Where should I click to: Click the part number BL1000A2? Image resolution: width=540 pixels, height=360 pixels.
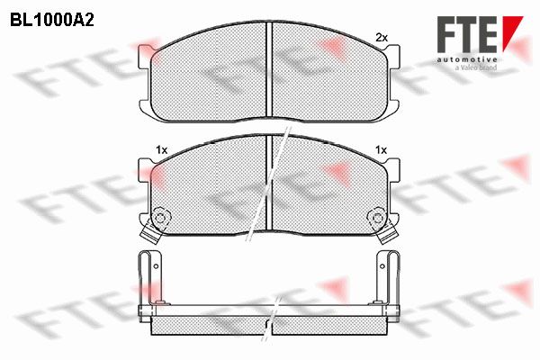click(x=52, y=21)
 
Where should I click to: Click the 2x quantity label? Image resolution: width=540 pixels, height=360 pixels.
click(x=382, y=37)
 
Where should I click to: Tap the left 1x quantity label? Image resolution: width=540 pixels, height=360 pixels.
click(x=161, y=150)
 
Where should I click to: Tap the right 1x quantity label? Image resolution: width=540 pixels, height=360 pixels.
click(x=381, y=150)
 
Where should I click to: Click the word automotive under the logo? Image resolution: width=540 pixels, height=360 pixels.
click(x=467, y=59)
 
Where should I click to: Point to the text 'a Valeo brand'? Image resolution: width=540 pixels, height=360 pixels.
click(x=476, y=67)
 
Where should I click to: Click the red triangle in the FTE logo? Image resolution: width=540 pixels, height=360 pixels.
click(x=512, y=32)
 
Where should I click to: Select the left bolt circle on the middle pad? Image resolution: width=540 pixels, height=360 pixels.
click(x=159, y=218)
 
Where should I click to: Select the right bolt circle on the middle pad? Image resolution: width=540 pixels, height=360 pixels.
click(x=377, y=218)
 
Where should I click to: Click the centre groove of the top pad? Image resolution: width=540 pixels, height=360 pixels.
click(x=269, y=69)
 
